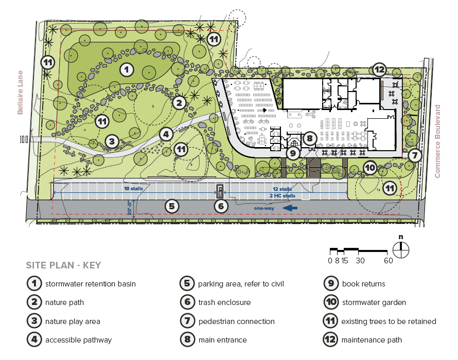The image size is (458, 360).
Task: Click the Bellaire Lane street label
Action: (21, 92)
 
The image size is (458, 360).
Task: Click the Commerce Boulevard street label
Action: (438, 141)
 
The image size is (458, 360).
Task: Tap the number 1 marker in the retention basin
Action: (127, 69)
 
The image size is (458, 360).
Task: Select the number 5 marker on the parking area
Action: (172, 207)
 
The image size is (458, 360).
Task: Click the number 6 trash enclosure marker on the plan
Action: (220, 207)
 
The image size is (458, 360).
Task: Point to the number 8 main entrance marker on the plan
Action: (309, 138)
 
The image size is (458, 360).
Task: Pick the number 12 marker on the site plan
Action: (379, 69)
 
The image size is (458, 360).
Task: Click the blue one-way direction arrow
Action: (290, 208)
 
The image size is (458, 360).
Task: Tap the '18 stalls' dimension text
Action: (134, 189)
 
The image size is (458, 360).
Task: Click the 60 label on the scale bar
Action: (388, 260)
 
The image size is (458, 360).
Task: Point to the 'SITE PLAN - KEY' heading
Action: (63, 265)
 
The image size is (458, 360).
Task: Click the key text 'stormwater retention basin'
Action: (91, 284)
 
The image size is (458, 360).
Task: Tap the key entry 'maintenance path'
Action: (372, 340)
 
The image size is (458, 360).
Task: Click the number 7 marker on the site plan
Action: (415, 155)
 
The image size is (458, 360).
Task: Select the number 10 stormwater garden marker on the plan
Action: (370, 168)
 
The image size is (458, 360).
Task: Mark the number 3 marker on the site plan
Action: (113, 141)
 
